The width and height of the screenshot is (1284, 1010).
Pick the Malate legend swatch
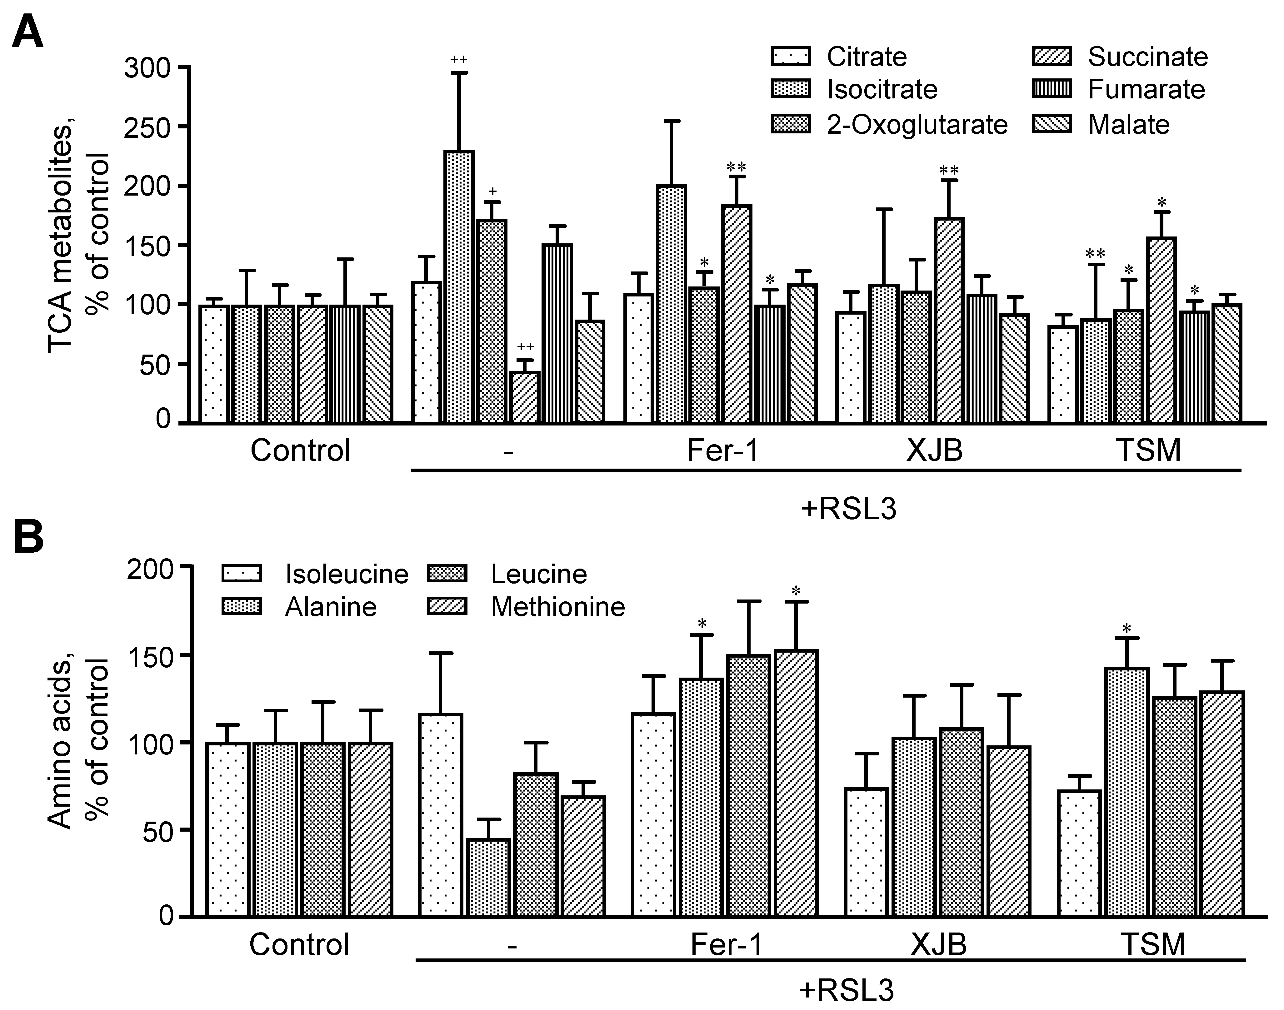coord(1052,125)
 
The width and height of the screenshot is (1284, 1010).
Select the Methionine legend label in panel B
coord(558,607)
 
